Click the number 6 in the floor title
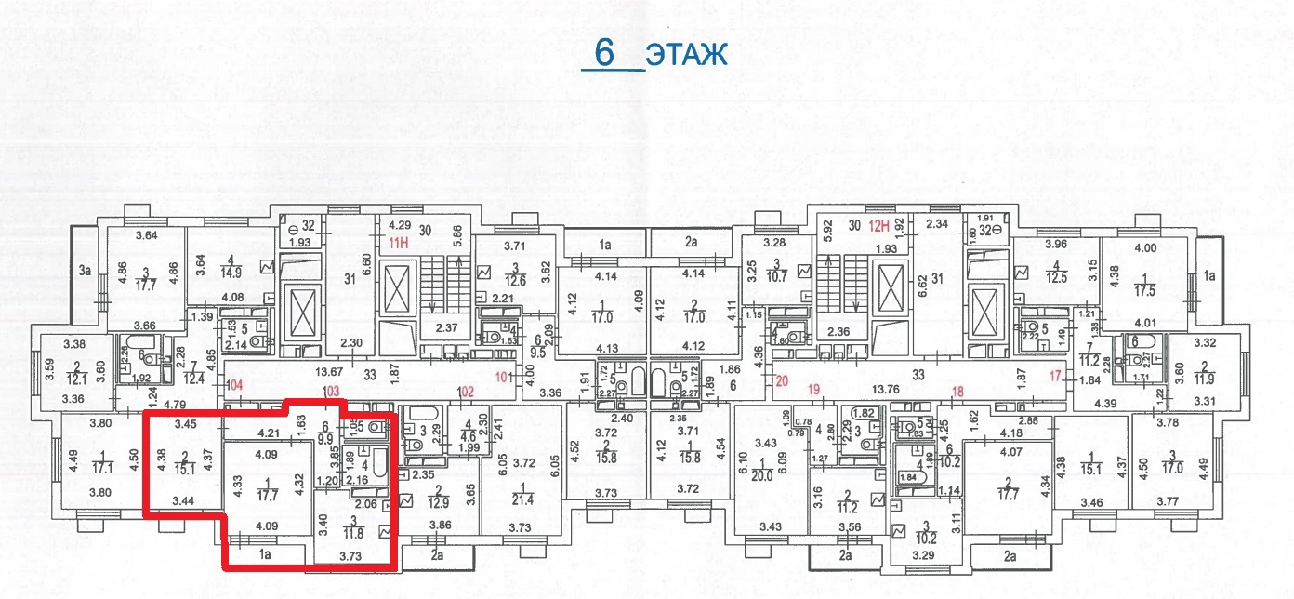coord(604,53)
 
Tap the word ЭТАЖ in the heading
coord(687,55)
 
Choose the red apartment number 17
coord(1055,376)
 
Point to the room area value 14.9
coord(227,273)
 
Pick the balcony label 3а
coord(86,271)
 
